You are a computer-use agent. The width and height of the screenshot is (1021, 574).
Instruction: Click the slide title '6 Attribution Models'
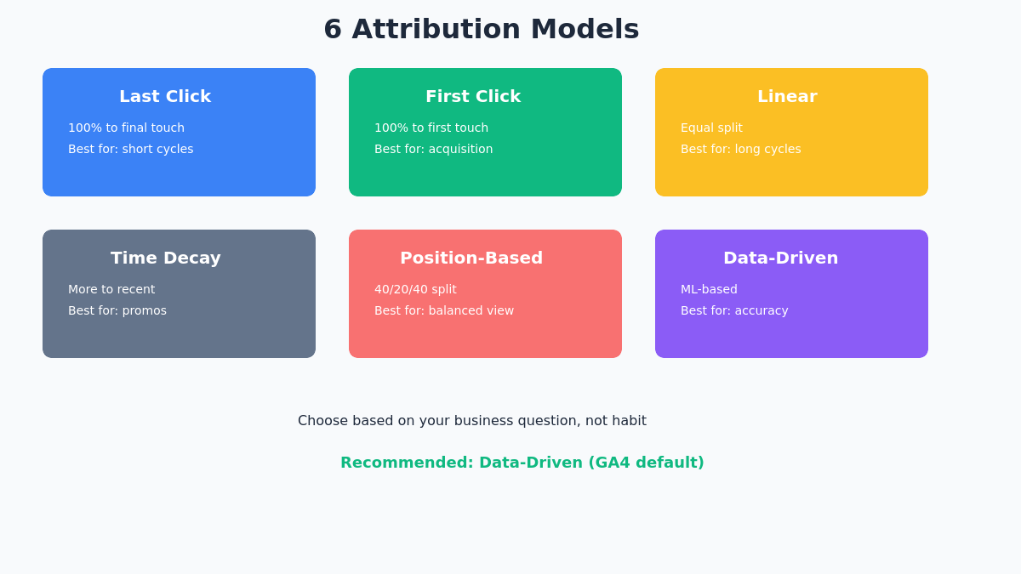[x=481, y=29]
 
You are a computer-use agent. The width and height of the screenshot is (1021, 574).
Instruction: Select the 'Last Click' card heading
[x=165, y=96]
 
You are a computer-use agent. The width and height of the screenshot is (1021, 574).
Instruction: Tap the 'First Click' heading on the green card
[x=473, y=96]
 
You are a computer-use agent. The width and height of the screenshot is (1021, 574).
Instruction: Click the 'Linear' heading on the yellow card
[x=787, y=96]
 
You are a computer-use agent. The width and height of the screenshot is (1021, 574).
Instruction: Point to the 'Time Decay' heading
[x=165, y=258]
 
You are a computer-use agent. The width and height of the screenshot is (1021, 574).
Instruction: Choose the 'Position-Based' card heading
[x=471, y=258]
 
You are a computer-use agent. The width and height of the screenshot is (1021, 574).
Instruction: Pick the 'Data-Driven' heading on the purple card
[x=780, y=258]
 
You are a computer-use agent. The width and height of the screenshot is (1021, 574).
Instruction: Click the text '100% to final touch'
[x=126, y=128]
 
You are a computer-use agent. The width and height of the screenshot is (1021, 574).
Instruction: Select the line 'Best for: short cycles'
[x=130, y=149]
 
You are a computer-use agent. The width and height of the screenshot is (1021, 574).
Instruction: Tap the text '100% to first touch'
[x=431, y=128]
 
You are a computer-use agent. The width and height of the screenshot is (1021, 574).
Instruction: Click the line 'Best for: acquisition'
[x=433, y=149]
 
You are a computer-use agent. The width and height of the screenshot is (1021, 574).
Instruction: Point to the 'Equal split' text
[x=711, y=128]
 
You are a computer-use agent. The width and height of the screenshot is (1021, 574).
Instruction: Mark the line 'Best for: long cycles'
[x=740, y=149]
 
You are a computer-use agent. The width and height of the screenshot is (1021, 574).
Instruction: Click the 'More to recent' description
[x=111, y=289]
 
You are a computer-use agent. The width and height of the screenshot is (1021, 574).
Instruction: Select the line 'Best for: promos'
[x=117, y=310]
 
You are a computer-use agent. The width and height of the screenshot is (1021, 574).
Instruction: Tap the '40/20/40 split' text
[x=415, y=289]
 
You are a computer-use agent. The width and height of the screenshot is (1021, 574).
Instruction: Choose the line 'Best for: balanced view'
[x=444, y=310]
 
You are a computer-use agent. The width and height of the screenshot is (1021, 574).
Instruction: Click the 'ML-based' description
[x=709, y=289]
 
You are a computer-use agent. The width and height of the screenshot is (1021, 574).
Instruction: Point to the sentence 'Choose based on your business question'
[x=471, y=420]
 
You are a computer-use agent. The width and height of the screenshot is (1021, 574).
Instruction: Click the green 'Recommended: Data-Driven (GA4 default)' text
[x=522, y=463]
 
